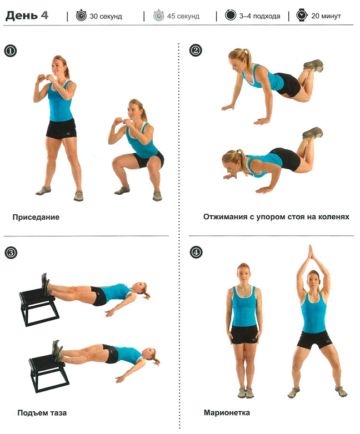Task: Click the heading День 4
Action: (27, 15)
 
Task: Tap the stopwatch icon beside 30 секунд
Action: (81, 15)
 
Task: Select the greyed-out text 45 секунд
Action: (183, 16)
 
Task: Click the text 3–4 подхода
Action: (259, 16)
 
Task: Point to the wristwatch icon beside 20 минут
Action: (302, 15)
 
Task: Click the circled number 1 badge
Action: (10, 51)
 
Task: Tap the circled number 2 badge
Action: (196, 51)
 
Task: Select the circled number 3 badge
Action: (11, 253)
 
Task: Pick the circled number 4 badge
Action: (196, 252)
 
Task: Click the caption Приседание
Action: (36, 217)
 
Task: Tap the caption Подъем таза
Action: (42, 413)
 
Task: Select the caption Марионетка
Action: (227, 413)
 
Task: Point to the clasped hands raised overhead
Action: (311, 254)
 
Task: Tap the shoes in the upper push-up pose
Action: (313, 65)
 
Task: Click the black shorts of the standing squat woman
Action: (61, 128)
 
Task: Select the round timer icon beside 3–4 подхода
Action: (231, 15)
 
